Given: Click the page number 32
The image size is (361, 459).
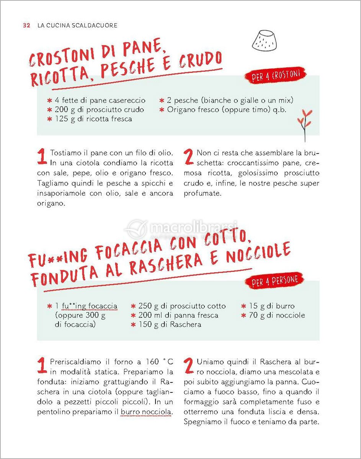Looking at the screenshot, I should tap(26, 26).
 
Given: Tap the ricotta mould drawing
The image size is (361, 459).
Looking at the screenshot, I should tap(264, 41).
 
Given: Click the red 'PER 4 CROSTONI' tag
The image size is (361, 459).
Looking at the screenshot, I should tap(275, 75).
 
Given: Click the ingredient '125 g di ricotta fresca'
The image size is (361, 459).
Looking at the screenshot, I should tap(90, 119).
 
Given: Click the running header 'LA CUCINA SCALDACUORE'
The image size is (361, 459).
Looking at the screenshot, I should tap(77, 26).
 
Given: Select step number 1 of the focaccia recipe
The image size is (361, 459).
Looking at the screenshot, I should tap(42, 365).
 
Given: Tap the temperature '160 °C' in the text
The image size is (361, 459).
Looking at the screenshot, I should tap(159, 362).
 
